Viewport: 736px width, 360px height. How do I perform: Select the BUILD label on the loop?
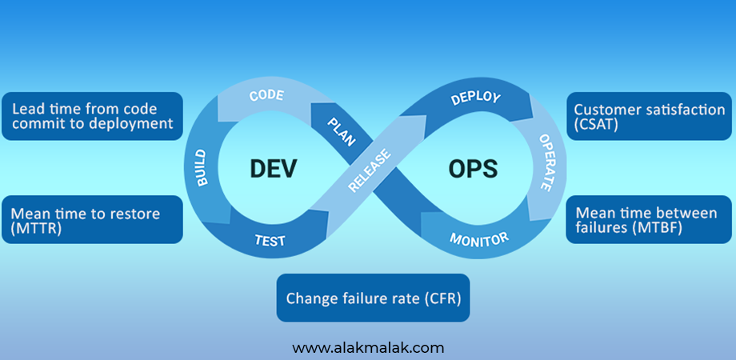coord(200,167)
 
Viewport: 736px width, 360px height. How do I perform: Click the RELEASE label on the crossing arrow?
coord(370,172)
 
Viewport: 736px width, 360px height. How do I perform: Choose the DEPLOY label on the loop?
coord(475,98)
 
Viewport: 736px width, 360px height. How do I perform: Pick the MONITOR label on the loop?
coord(478,238)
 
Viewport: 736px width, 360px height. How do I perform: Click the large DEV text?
coord(274,169)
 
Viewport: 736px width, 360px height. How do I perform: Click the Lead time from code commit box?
coord(92,116)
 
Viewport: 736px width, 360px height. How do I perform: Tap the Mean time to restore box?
coord(92,220)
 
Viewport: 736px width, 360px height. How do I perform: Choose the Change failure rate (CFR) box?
coord(373,298)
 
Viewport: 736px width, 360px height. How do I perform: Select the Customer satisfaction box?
coord(650,117)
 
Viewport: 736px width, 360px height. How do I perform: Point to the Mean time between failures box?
coord(650,220)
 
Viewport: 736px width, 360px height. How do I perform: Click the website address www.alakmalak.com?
coord(368,347)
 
